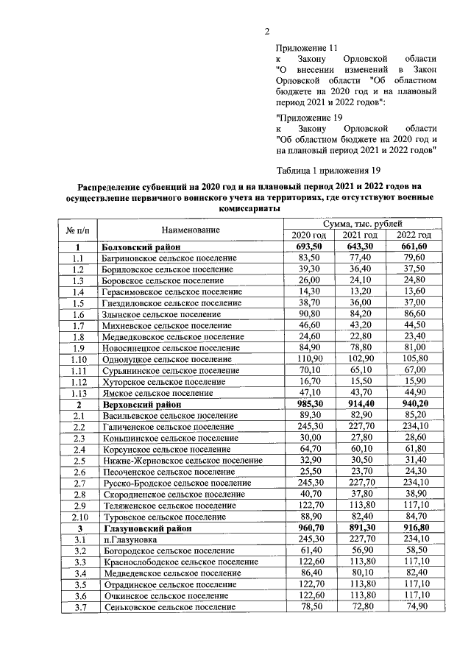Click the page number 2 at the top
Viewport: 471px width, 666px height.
[x=268, y=31]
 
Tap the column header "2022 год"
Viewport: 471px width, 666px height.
[x=417, y=235]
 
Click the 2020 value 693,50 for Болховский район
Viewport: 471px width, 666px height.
[x=310, y=247]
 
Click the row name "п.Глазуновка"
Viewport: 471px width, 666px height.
[x=126, y=539]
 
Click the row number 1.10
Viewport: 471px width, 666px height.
[x=77, y=358]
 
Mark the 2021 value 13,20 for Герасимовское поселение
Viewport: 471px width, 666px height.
[x=362, y=291]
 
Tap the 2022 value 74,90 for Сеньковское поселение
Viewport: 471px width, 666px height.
[x=418, y=606]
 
